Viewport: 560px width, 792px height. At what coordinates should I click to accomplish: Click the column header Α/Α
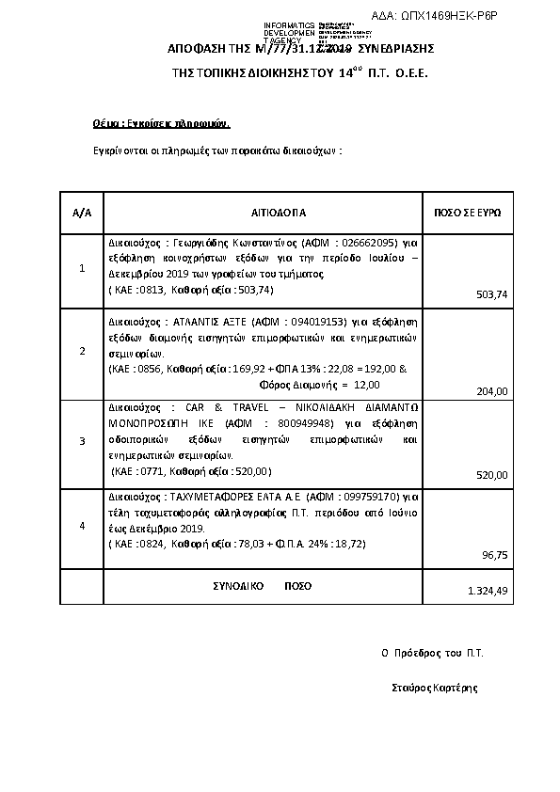pos(82,213)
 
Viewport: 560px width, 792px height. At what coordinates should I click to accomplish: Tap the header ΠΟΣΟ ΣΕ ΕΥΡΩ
pos(467,213)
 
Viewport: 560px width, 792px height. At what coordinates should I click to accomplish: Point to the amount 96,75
pos(495,556)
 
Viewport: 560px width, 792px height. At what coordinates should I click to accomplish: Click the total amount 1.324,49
pos(488,591)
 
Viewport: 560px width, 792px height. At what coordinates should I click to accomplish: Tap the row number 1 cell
pos(82,268)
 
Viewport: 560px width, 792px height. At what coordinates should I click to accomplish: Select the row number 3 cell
pos(82,440)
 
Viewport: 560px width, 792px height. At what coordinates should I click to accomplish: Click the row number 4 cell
pos(82,526)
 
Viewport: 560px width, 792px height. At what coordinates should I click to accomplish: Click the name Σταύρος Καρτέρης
pos(434,688)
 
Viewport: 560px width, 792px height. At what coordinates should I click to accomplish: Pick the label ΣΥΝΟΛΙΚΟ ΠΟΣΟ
pos(259,585)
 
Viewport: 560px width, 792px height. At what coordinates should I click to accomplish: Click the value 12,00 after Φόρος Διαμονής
pos(369,385)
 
